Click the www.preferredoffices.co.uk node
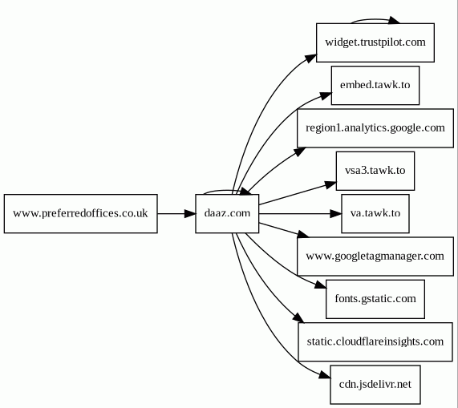coord(81,214)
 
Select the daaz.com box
coord(227,214)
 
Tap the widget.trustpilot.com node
coord(375,42)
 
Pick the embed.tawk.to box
coord(375,85)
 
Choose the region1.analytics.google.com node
coord(375,128)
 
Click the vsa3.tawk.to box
coord(375,171)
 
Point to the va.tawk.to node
coord(375,214)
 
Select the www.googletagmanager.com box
coord(375,257)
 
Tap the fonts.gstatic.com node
coord(375,299)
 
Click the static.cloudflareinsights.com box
coord(375,341)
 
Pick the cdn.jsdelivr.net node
coord(375,385)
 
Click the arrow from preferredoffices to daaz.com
coord(176,214)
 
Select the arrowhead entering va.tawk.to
coord(335,214)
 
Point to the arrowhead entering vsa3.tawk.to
coord(330,185)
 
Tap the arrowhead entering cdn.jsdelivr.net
coord(325,376)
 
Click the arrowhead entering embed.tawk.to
coord(326,95)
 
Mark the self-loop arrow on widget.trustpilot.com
coord(375,20)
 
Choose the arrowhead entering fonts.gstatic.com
coord(320,285)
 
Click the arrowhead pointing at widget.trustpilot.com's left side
coord(310,58)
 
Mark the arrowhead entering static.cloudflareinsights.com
coord(298,318)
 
